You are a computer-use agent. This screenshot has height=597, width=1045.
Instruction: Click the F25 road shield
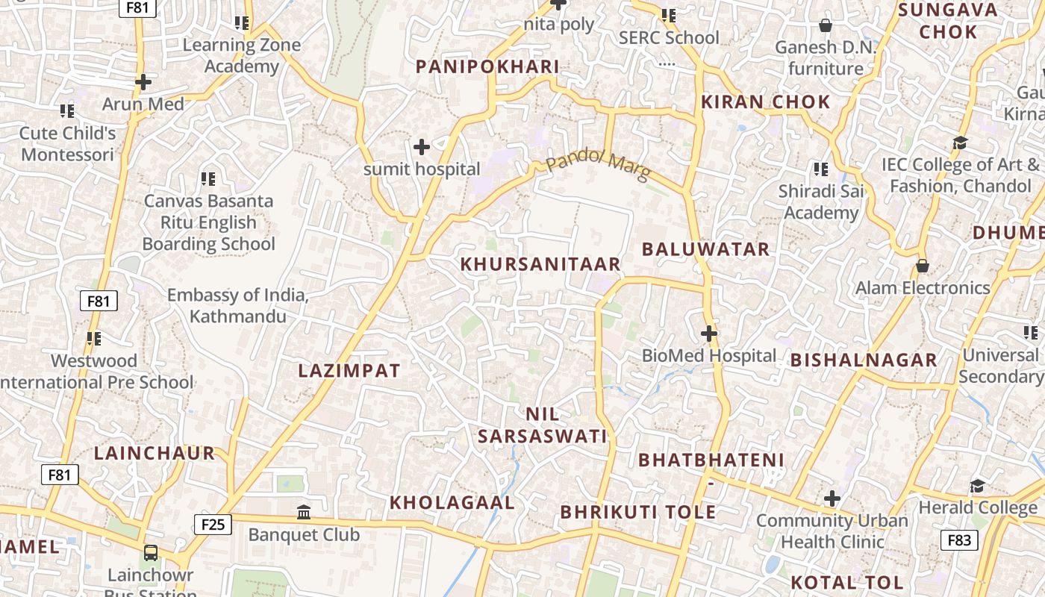213,525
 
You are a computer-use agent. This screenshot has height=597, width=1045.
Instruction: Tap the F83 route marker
959,540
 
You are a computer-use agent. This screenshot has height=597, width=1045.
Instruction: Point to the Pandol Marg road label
598,165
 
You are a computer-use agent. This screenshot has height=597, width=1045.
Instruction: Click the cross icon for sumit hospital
422,146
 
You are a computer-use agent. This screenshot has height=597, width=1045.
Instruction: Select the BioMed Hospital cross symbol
709,334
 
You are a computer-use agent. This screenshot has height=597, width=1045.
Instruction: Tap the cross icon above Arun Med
143,81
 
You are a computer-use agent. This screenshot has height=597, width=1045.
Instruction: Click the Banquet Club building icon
304,512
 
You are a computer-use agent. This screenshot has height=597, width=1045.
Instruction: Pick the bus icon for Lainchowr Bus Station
151,553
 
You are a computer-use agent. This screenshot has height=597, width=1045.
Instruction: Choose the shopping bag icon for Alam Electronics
923,266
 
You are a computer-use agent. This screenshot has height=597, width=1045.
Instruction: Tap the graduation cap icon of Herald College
977,487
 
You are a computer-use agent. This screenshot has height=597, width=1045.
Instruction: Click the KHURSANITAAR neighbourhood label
540,264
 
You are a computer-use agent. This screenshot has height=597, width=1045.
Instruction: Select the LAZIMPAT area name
349,371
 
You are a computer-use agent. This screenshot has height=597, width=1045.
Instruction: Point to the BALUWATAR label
705,249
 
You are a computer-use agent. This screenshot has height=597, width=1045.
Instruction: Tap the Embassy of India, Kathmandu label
237,305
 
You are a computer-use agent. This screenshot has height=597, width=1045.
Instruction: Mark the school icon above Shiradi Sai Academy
821,169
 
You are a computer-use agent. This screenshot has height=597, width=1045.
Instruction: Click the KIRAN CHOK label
766,102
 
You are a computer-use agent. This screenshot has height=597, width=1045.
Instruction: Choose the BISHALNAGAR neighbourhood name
864,360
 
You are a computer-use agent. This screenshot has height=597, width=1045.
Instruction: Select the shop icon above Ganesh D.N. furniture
826,26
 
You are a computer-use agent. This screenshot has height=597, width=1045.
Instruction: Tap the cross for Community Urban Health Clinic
832,498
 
